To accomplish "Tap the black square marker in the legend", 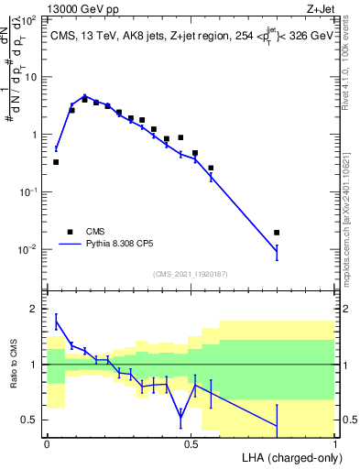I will tap(70, 232).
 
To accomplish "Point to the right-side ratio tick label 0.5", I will tap(348, 420).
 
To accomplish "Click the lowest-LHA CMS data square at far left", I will tap(56, 162).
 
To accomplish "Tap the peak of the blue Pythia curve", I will tap(85, 95).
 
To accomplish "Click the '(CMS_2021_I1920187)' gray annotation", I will tap(190, 273).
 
